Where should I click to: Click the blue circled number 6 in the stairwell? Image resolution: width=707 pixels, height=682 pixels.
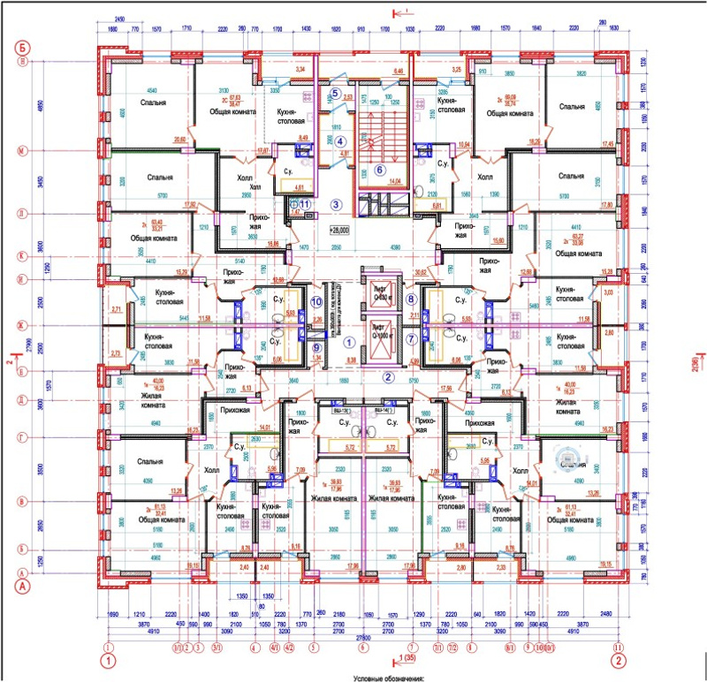tap(380, 170)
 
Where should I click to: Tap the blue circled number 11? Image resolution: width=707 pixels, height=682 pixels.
tap(305, 204)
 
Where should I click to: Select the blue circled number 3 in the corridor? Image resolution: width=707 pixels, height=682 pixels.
tap(336, 204)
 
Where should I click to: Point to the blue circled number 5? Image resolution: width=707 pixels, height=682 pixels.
tap(336, 93)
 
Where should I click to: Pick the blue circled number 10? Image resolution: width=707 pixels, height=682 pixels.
tap(317, 301)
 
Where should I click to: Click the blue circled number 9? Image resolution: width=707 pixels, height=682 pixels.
tap(317, 346)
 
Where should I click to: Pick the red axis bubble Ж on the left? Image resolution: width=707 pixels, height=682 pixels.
tap(23, 327)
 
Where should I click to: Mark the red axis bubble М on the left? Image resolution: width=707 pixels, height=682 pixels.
tap(23, 151)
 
